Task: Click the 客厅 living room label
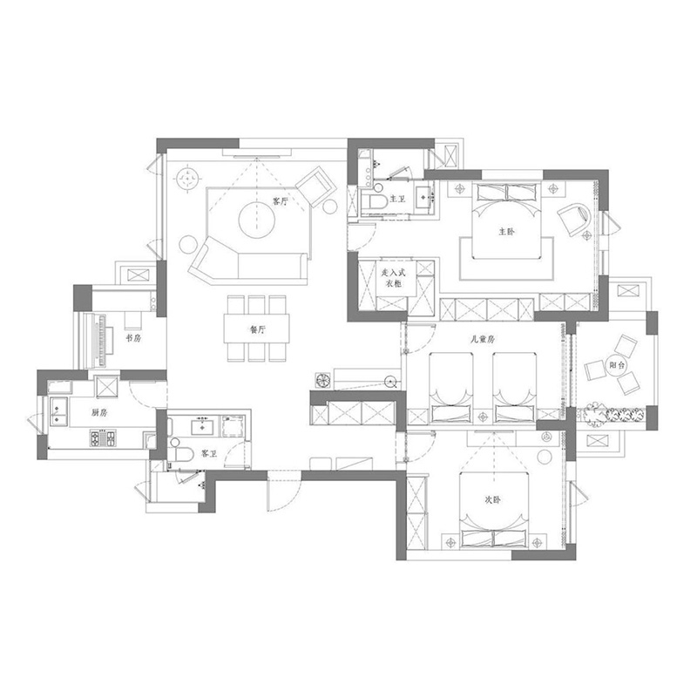point(280,201)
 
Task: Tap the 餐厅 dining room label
point(258,329)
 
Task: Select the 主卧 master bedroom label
point(507,231)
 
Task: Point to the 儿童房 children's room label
point(484,339)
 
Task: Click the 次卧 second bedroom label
point(492,500)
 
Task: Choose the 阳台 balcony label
point(617,365)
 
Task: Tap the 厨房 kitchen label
point(99,412)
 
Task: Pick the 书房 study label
point(133,338)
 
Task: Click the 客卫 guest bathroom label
point(209,453)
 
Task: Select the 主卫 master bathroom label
point(397,199)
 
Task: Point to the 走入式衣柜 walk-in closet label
point(394,277)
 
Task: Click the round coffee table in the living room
point(256,220)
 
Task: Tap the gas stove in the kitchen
point(103,438)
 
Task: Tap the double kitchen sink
point(58,411)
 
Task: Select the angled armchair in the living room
point(315,187)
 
